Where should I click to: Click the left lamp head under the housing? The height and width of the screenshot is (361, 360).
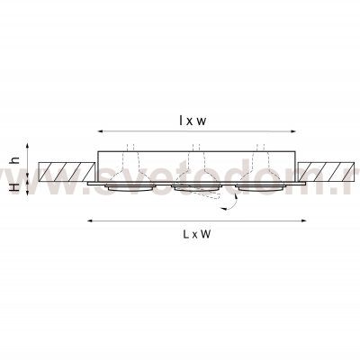(129, 186)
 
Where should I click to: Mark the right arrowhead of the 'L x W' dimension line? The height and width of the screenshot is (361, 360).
(303, 220)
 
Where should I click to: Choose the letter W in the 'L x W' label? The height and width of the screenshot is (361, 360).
(206, 233)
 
